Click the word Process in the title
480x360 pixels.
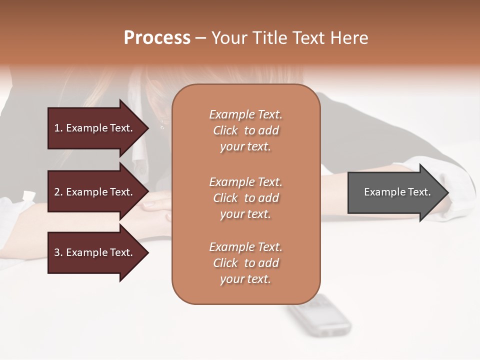point(157,38)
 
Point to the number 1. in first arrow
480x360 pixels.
point(58,128)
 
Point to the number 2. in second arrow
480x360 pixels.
point(58,192)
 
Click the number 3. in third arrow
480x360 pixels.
point(58,252)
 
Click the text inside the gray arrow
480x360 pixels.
point(397,192)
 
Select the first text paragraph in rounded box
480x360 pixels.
point(245,130)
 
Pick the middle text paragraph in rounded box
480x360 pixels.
point(245,197)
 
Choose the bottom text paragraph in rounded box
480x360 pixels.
point(245,263)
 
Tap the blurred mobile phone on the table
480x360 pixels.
point(319,315)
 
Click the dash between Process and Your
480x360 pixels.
point(200,38)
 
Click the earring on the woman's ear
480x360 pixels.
point(162,125)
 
